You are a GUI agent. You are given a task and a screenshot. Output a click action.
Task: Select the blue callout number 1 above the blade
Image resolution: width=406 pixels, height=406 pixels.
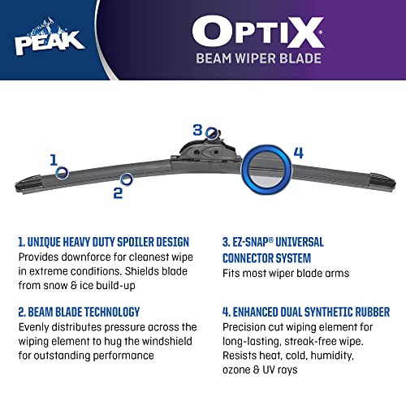pyautogui.click(x=54, y=159)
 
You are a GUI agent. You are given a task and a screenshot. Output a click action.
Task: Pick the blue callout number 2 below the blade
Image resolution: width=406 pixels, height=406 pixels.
pyautogui.click(x=118, y=192)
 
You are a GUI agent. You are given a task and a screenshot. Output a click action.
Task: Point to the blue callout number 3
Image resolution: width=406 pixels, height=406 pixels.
pyautogui.click(x=197, y=129)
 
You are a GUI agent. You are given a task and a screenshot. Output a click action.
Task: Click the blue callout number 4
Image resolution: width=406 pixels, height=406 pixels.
pyautogui.click(x=298, y=152)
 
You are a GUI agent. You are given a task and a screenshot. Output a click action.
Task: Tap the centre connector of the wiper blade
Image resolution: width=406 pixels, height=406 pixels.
pyautogui.click(x=205, y=151)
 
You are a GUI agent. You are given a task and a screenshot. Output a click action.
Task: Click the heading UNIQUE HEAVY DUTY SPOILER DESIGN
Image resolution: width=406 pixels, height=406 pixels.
pyautogui.click(x=104, y=242)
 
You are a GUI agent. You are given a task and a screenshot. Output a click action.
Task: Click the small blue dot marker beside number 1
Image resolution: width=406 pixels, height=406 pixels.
pyautogui.click(x=63, y=172)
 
